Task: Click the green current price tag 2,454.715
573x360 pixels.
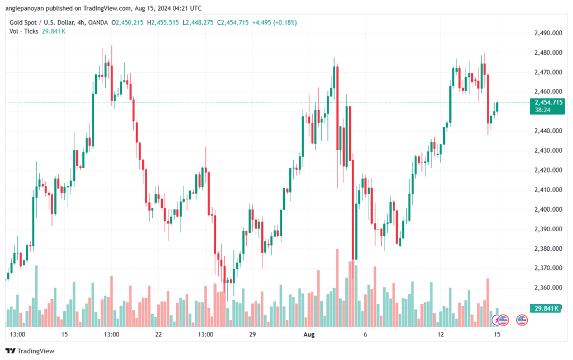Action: pos(548,102)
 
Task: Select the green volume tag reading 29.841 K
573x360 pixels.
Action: pos(546,308)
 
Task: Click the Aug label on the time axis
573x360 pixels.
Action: pos(308,334)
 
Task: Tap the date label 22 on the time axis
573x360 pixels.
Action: pos(158,334)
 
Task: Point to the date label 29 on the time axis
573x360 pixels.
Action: pos(252,334)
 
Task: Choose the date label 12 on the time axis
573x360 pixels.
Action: pos(441,334)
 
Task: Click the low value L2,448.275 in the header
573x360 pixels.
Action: pos(200,22)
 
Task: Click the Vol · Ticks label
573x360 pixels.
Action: pos(23,31)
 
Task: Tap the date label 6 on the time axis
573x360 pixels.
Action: pos(365,334)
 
